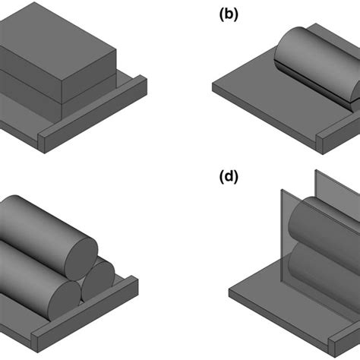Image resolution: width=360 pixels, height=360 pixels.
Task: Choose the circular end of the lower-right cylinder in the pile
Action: [98, 280]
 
